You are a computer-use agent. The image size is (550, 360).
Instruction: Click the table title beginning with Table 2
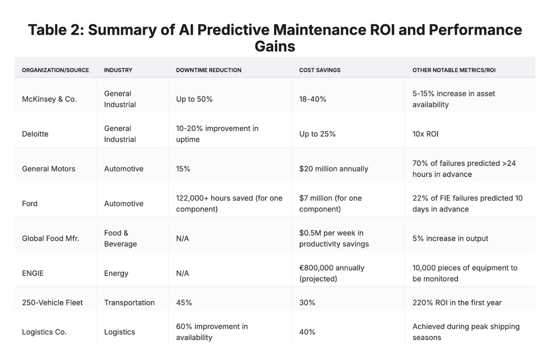click(275, 38)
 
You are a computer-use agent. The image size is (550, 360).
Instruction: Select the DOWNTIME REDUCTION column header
click(209, 70)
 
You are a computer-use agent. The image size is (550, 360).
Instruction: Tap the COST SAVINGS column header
click(319, 70)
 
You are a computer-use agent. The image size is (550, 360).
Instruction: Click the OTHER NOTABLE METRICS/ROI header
click(454, 70)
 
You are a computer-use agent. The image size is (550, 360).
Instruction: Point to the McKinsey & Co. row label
click(49, 99)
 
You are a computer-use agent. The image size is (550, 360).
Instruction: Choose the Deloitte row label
click(35, 134)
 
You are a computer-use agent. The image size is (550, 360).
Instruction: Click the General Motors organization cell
click(49, 169)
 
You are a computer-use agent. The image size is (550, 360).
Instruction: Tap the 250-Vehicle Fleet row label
click(52, 303)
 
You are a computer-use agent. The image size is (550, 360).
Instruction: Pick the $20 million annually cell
click(334, 169)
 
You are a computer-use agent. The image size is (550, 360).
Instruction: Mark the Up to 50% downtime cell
click(194, 99)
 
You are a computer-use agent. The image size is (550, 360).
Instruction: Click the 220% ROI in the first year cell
click(457, 303)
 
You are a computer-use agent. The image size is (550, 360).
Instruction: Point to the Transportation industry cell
click(129, 303)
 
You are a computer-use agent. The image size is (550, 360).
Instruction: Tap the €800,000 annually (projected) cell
click(332, 273)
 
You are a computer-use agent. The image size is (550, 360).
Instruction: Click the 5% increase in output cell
click(450, 238)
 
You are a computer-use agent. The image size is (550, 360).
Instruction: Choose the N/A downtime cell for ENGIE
click(182, 273)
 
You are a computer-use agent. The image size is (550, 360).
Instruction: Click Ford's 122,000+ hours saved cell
click(229, 204)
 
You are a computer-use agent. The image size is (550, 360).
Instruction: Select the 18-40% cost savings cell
click(313, 99)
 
